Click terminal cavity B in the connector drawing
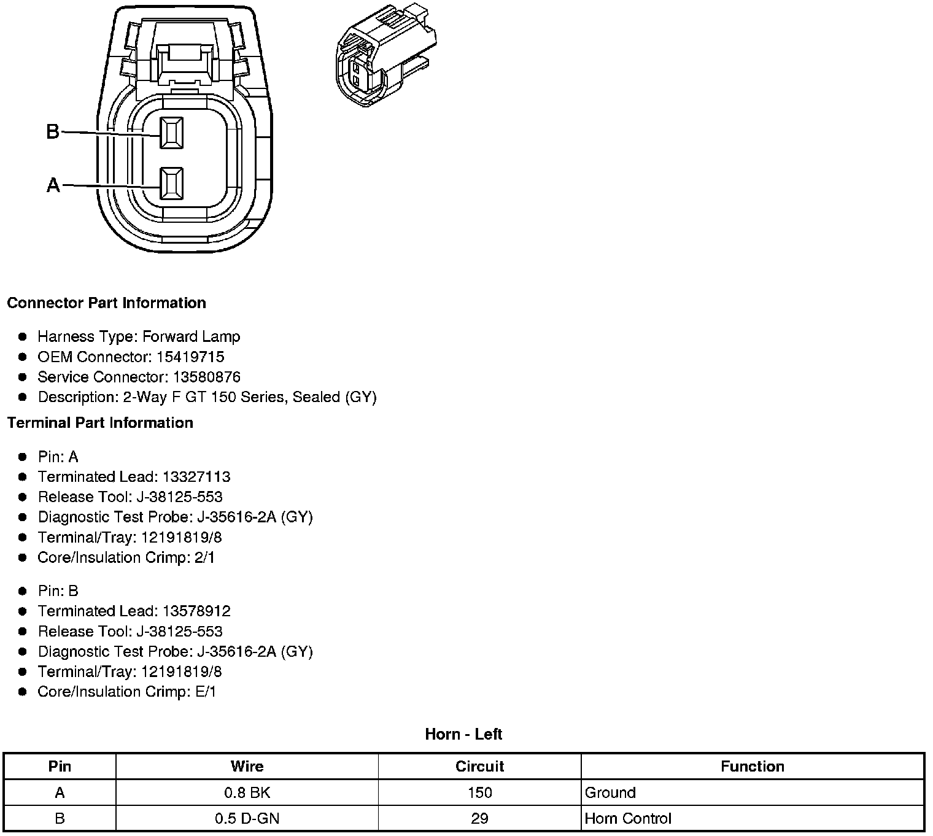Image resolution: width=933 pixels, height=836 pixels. [x=171, y=133]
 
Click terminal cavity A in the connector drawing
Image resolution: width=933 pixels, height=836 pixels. [x=171, y=184]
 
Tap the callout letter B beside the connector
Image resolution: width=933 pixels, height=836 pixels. [x=53, y=131]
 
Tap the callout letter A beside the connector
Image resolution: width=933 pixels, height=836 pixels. [x=53, y=185]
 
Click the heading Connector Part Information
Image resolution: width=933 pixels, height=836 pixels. [x=106, y=303]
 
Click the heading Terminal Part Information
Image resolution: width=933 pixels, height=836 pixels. [x=100, y=423]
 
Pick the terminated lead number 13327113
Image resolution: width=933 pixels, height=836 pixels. [x=196, y=477]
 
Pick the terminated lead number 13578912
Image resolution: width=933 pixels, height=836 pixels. [x=196, y=611]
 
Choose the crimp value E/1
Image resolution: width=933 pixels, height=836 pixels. [x=205, y=692]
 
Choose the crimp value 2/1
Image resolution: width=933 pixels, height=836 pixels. [x=204, y=557]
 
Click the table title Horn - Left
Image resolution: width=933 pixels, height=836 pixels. [x=463, y=734]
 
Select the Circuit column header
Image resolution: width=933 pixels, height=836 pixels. [x=479, y=767]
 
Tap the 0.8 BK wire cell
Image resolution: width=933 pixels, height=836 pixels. [x=247, y=792]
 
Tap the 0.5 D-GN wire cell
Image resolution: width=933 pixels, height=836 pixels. [x=247, y=818]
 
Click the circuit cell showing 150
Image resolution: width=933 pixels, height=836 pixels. [x=479, y=792]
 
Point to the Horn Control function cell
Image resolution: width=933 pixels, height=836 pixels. [x=628, y=818]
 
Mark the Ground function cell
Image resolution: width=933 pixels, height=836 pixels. [x=610, y=792]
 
